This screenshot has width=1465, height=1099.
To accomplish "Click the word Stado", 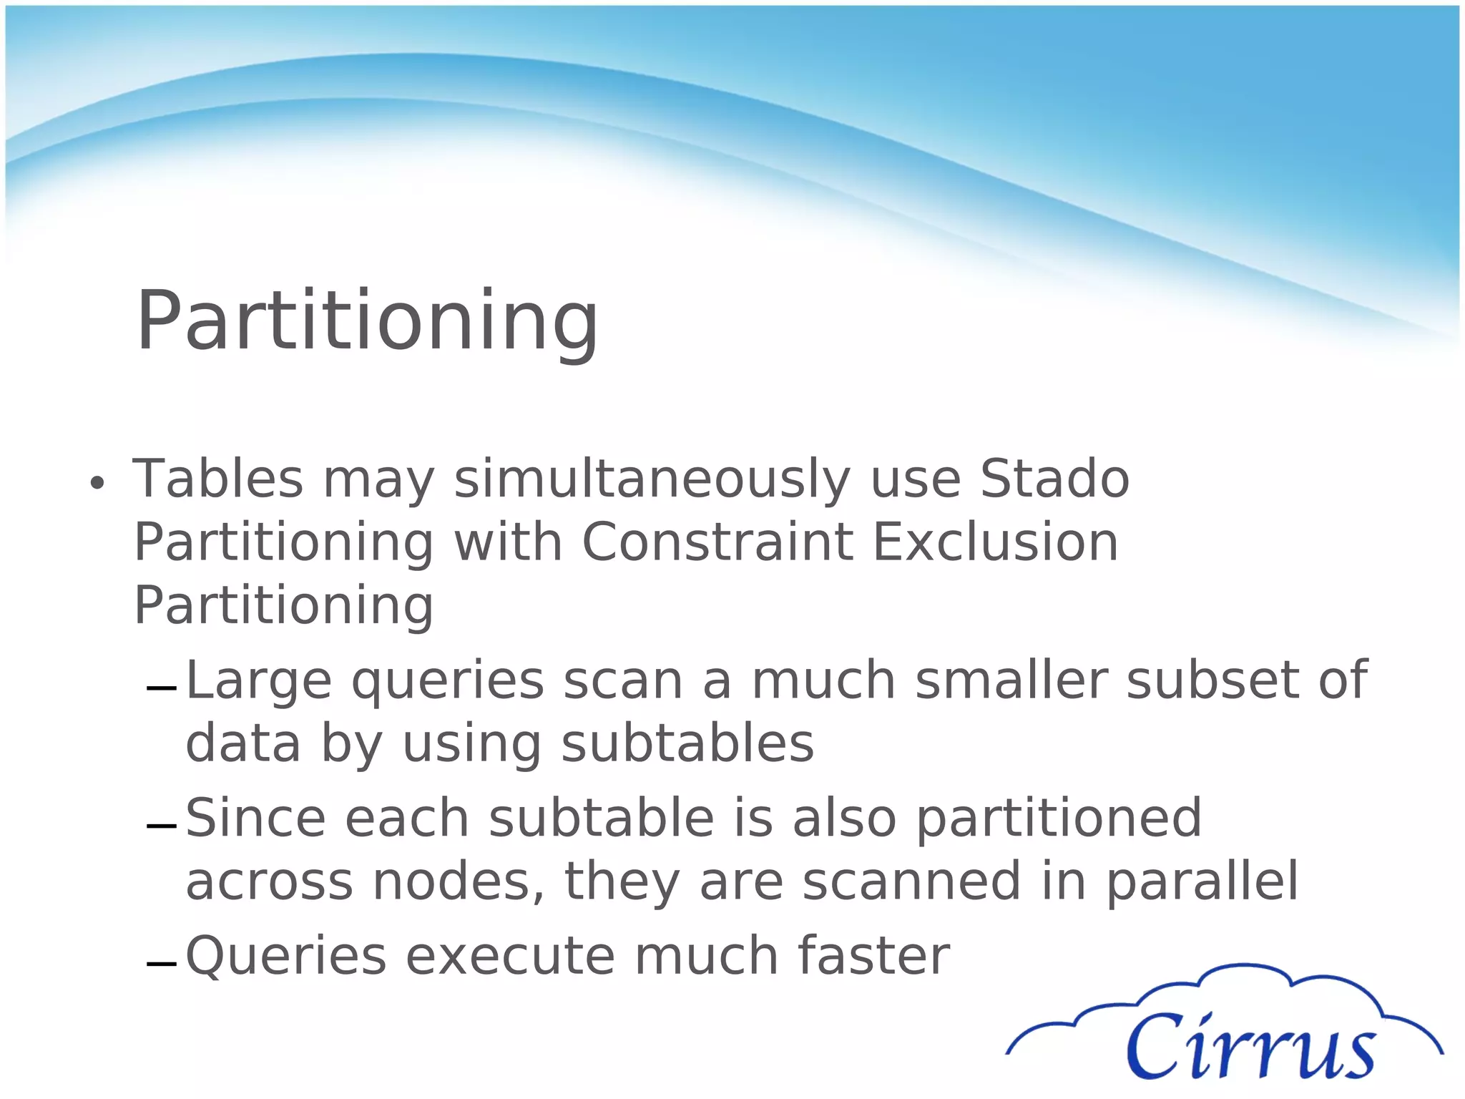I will point(1054,479).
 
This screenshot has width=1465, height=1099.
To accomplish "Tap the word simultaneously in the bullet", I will point(652,479).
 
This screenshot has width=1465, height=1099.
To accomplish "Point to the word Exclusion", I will point(995,542).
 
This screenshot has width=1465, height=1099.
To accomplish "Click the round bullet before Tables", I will point(97,484).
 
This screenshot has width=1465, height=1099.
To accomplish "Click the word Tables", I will point(218,479).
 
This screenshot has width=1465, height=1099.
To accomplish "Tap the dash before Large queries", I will point(161,689).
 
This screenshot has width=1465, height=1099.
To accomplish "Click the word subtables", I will point(687,743).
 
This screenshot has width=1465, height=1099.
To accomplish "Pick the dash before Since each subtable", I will point(161,827).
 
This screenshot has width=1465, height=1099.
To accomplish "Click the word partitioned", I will point(1059,818).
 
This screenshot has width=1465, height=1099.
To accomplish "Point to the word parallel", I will point(1202,881).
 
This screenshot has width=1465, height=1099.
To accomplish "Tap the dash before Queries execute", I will point(161,964).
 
